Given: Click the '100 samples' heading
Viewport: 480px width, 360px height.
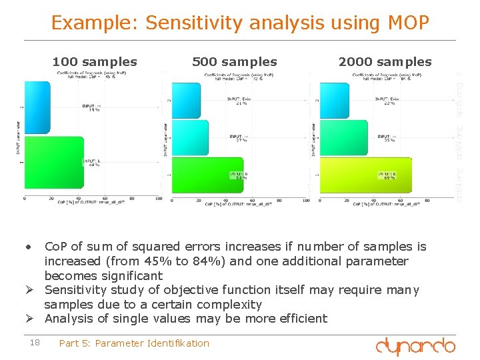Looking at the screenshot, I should pos(95,62).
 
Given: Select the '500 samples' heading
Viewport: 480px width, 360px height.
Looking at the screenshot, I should pos(234,62).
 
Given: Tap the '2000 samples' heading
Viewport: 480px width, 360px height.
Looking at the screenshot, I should pos(385,62).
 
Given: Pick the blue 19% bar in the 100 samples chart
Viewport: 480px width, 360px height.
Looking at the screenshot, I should pos(37,107).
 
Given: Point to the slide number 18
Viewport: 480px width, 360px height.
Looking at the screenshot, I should pos(35,343).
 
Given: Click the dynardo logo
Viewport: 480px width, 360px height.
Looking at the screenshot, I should pos(415,345).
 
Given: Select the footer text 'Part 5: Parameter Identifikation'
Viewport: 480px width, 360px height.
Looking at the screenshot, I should pos(134,343).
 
